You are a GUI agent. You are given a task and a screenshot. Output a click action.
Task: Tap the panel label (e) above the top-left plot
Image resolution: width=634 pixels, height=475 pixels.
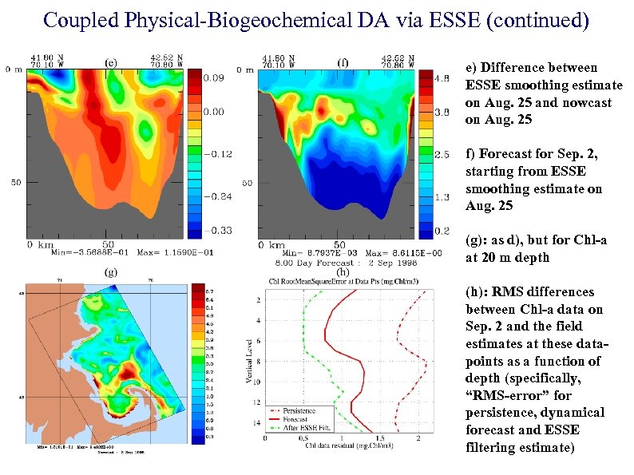coord(113,61)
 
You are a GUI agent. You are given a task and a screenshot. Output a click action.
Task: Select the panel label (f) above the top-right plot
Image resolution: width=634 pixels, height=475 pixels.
coord(343,61)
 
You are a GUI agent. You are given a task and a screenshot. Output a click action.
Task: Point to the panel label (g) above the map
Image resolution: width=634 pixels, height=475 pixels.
coord(113,271)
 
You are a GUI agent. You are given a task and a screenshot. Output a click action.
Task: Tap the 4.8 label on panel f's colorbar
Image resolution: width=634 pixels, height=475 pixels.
coord(444,78)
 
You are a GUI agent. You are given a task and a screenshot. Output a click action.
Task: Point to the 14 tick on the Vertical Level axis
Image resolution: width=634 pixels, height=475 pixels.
coord(257,422)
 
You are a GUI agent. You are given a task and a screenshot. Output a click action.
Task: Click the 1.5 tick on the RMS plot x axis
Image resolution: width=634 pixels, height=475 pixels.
coord(379,437)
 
